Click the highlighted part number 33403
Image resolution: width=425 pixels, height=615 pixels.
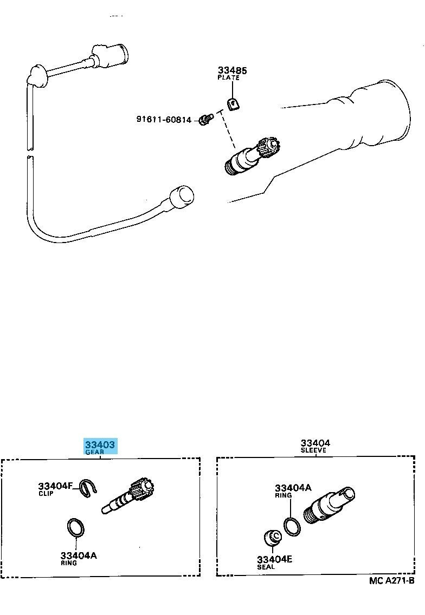point(100,444)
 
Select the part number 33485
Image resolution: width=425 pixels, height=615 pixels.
point(233,70)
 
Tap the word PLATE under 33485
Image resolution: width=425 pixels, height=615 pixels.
point(229,77)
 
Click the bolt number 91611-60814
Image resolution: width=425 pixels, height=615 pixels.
point(164,119)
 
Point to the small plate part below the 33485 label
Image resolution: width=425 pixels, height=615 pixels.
point(233,104)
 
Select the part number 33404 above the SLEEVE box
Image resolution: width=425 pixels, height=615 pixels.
point(315,443)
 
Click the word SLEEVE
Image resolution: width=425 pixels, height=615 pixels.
point(313,450)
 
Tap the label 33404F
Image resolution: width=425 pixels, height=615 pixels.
point(55,486)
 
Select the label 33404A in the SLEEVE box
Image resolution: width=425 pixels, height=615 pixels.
point(293,488)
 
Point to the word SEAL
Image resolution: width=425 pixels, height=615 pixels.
point(266,567)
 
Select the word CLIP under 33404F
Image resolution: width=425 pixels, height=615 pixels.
point(46,493)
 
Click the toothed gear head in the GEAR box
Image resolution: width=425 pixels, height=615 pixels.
point(143,490)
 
